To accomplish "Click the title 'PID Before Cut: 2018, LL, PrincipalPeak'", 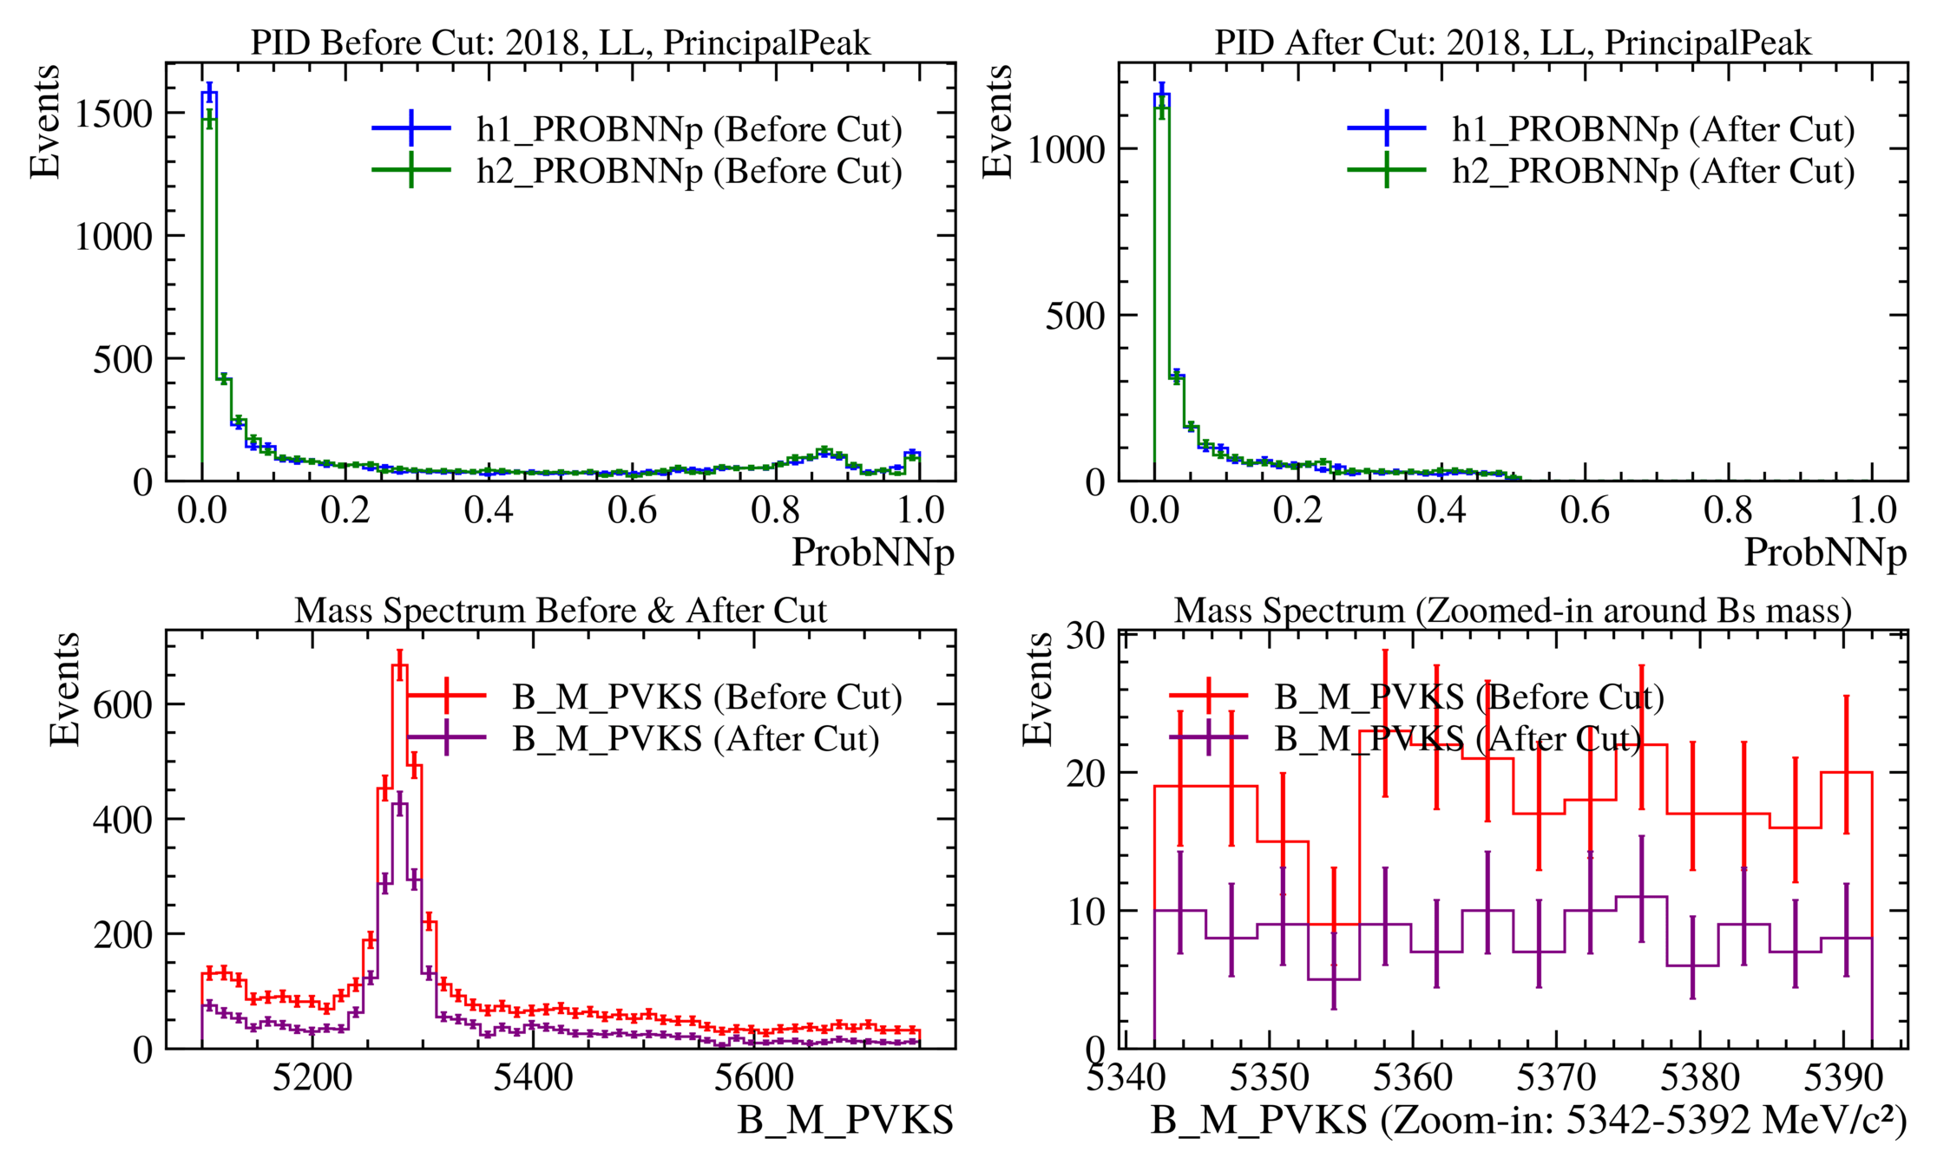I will pyautogui.click(x=560, y=43).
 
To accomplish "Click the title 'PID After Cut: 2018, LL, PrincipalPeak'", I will pyautogui.click(x=1512, y=43).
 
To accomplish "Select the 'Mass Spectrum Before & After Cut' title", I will pyautogui.click(x=560, y=611).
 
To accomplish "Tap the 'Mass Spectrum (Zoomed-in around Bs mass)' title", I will pyautogui.click(x=1512, y=611).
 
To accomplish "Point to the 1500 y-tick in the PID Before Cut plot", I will pyautogui.click(x=114, y=114).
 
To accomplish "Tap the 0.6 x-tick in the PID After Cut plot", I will pyautogui.click(x=1585, y=510).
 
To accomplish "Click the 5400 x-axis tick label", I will pyautogui.click(x=533, y=1078).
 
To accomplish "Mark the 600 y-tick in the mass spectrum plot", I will pyautogui.click(x=122, y=704).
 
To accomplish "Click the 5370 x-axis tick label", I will pyautogui.click(x=1556, y=1078).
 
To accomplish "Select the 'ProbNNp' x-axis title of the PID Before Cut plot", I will pyautogui.click(x=873, y=553).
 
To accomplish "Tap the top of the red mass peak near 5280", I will pyautogui.click(x=399, y=665).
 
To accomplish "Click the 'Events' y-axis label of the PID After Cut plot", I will pyautogui.click(x=997, y=121).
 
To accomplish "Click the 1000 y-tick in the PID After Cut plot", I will pyautogui.click(x=1066, y=149).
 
